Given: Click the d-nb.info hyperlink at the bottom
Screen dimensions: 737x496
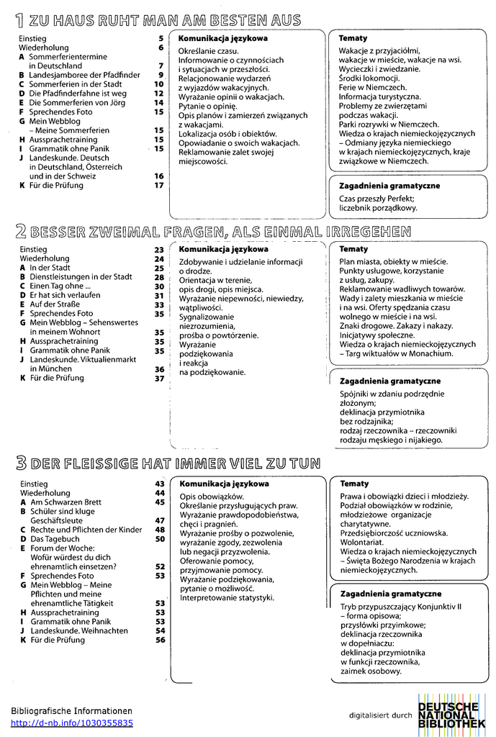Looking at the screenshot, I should tap(71, 723).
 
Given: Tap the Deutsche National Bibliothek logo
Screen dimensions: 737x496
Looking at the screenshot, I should tap(451, 715).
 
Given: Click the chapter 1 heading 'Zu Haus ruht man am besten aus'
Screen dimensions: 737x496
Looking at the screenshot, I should tap(157, 20).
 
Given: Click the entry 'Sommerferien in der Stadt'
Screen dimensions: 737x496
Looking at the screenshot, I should tap(75, 83).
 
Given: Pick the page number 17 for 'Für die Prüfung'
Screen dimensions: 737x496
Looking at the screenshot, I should tap(159, 185).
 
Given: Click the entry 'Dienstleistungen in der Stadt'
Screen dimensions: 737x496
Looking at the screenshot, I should tap(81, 276).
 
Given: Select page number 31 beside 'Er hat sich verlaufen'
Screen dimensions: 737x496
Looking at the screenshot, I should tap(159, 295).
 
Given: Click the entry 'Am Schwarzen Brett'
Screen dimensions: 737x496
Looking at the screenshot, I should tap(66, 502).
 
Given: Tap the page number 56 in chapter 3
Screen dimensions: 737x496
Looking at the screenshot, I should tap(160, 640).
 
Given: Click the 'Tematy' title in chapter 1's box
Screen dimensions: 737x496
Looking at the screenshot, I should tap(353, 38).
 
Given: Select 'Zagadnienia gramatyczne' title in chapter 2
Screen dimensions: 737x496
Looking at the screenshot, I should tap(389, 381).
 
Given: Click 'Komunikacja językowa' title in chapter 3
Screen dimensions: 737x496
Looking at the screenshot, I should tap(224, 484).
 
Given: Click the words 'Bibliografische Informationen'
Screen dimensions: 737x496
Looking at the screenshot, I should tap(71, 710).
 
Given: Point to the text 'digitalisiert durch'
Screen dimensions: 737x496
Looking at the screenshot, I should tap(380, 715).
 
